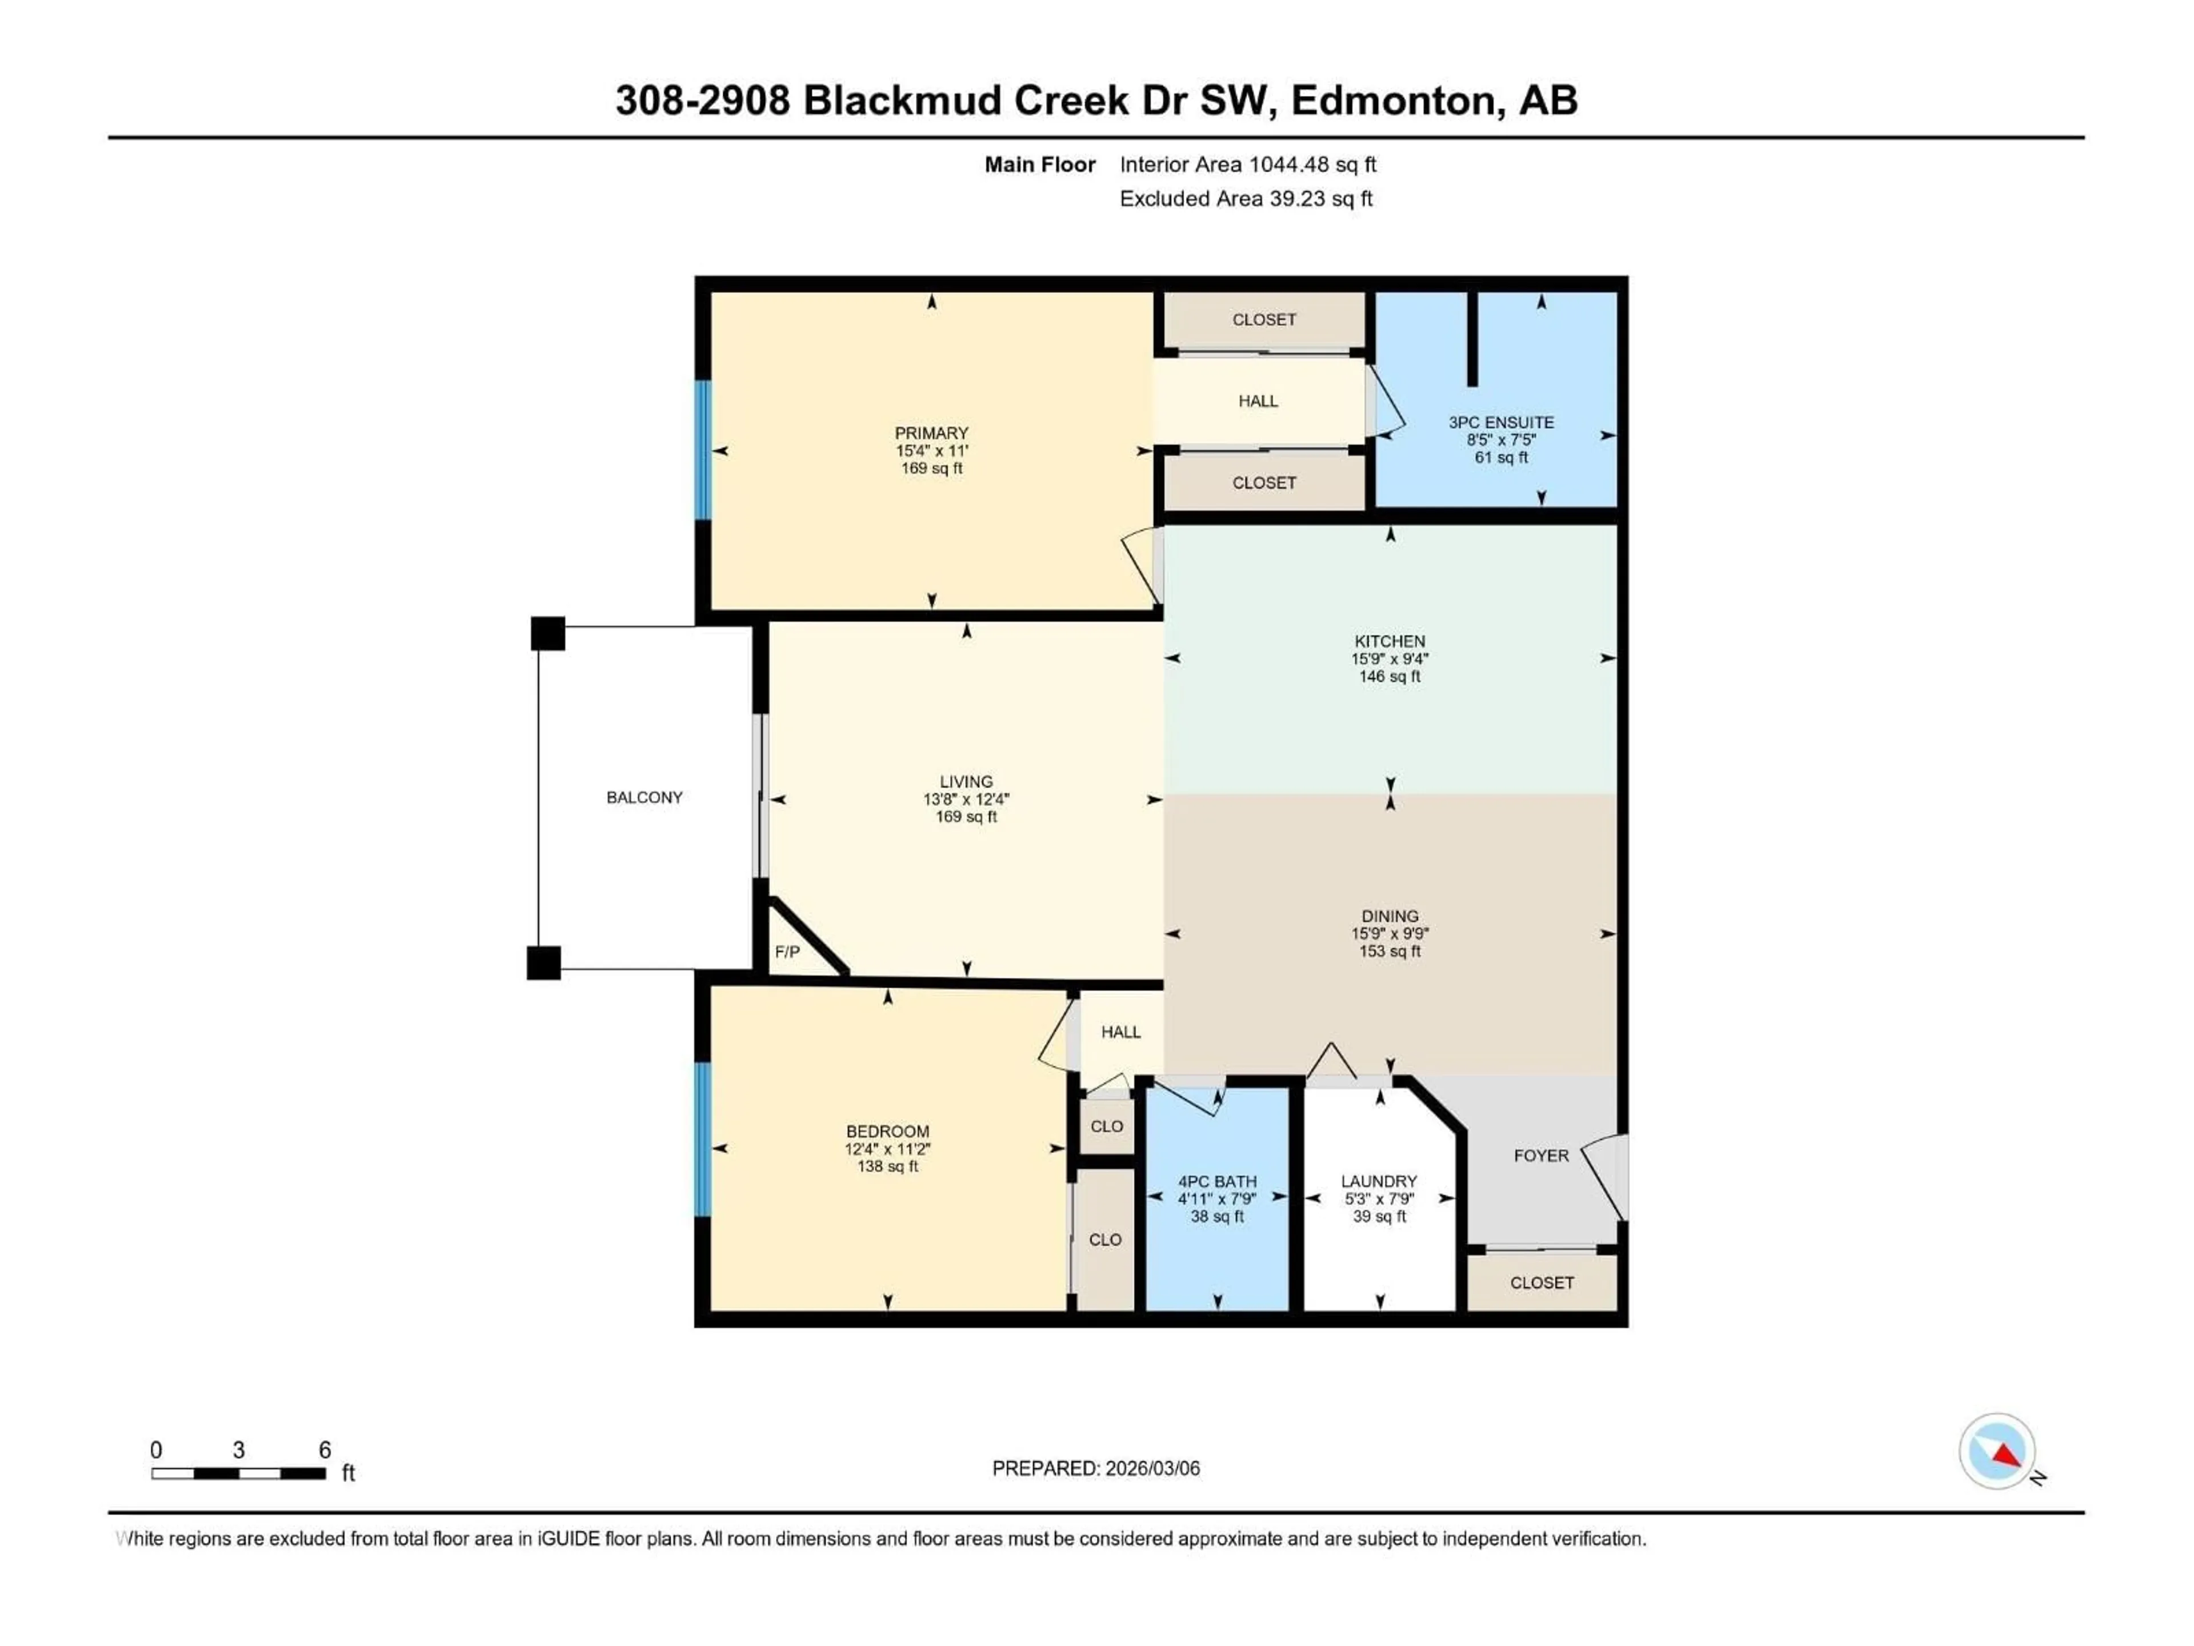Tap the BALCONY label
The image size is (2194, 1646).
coord(644,798)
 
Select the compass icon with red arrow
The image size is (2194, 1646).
coord(1997,1452)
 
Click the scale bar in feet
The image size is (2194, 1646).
coord(238,1473)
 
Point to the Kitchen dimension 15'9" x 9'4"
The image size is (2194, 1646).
coord(1390,659)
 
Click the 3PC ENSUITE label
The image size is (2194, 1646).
coord(1501,423)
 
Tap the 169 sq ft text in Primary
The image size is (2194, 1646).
coord(931,468)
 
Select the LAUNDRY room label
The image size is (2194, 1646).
coord(1379,1182)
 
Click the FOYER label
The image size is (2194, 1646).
coord(1540,1156)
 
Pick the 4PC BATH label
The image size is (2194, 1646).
coord(1217,1182)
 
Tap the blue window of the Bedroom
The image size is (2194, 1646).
coord(703,1139)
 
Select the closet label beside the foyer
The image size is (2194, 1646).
coord(1542,1283)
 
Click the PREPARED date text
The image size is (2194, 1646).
coord(1096,1468)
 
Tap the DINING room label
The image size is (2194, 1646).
coord(1390,916)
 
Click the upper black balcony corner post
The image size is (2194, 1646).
coord(547,633)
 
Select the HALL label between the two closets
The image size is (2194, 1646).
coord(1258,401)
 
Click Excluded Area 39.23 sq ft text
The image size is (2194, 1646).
coord(1246,198)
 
